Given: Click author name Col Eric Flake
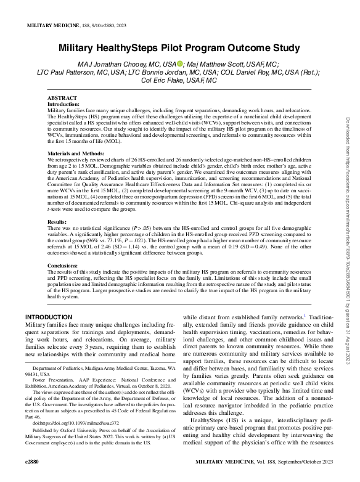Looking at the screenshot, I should pyautogui.click(x=169, y=80).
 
